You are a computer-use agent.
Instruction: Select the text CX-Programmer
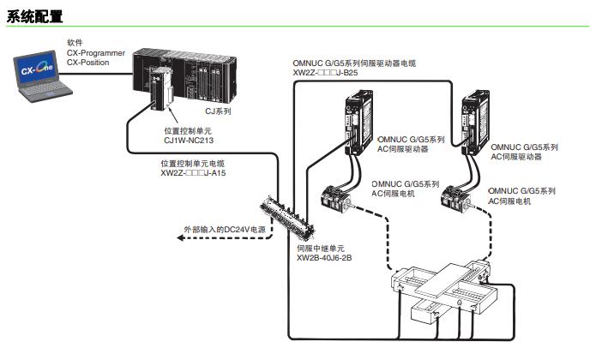96,52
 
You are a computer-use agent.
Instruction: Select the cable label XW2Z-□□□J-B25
325,74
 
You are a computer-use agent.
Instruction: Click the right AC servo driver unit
473,125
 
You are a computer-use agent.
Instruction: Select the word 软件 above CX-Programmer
75,42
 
